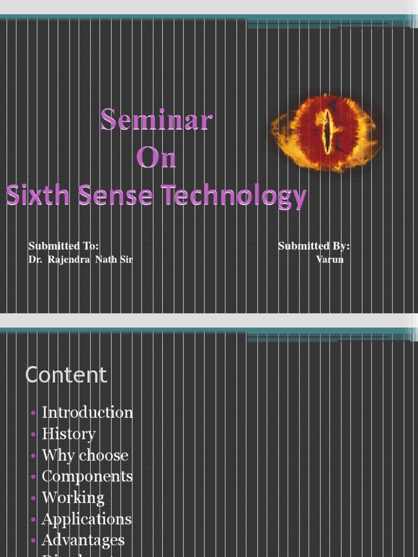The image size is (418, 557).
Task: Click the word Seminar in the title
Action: (x=156, y=120)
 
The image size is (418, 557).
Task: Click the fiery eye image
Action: (x=325, y=133)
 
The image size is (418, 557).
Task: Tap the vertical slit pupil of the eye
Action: (x=325, y=131)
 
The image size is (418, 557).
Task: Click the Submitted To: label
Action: (x=63, y=246)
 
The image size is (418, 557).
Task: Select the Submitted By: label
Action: (x=314, y=246)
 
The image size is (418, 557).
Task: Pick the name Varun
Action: (x=330, y=259)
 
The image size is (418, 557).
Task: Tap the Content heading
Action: (x=66, y=375)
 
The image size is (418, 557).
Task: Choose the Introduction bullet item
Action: (x=87, y=412)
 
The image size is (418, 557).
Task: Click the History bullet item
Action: (x=69, y=434)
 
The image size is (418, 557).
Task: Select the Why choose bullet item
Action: (x=85, y=455)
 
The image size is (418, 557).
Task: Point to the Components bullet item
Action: (x=87, y=476)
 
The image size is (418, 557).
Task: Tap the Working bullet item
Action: (x=73, y=498)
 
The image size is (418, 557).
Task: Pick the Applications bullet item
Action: (x=87, y=519)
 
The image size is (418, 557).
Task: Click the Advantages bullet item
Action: (x=83, y=540)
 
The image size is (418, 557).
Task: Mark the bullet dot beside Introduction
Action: (x=34, y=413)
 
